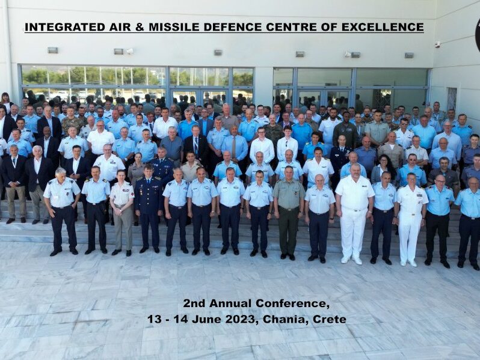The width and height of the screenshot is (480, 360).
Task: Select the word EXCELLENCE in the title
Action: [x=383, y=27]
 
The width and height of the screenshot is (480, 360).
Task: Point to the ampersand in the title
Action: [x=140, y=27]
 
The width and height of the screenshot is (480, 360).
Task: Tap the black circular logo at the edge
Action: [x=478, y=34]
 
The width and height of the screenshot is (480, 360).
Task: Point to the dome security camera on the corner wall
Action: [x=438, y=44]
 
